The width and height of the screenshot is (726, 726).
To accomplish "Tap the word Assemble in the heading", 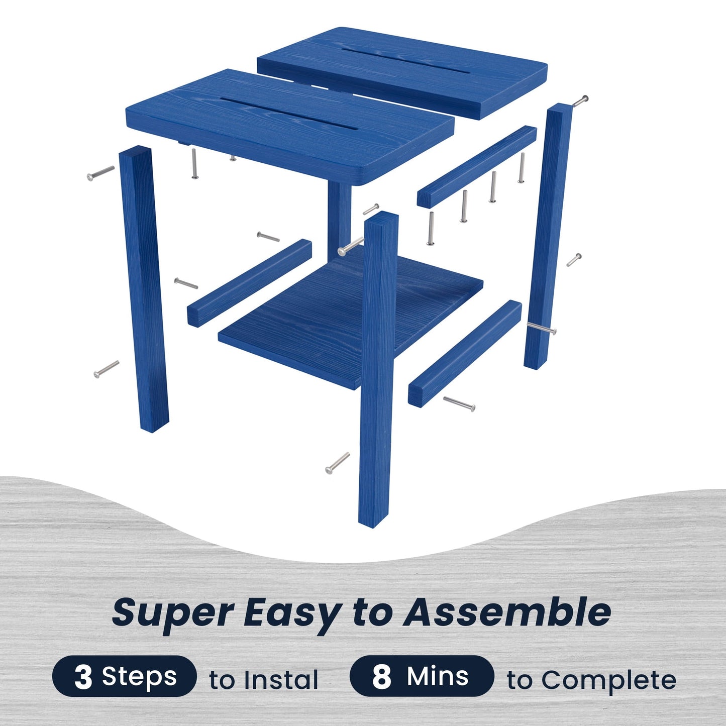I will (507, 612).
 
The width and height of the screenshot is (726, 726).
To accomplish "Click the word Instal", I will (281, 680).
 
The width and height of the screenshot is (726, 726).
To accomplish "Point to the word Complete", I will (608, 680).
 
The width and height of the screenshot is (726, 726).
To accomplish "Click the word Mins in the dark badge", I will (438, 676).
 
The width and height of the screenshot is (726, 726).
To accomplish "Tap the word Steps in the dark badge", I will (139, 676).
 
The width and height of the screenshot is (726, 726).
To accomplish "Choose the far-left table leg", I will (144, 289).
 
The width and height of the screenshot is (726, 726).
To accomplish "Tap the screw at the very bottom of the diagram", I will (337, 463).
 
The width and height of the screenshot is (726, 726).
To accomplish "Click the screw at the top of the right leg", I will (580, 100).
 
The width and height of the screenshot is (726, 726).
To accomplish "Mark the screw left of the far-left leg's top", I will (100, 173).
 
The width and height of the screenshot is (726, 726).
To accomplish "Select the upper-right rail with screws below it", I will (477, 166).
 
